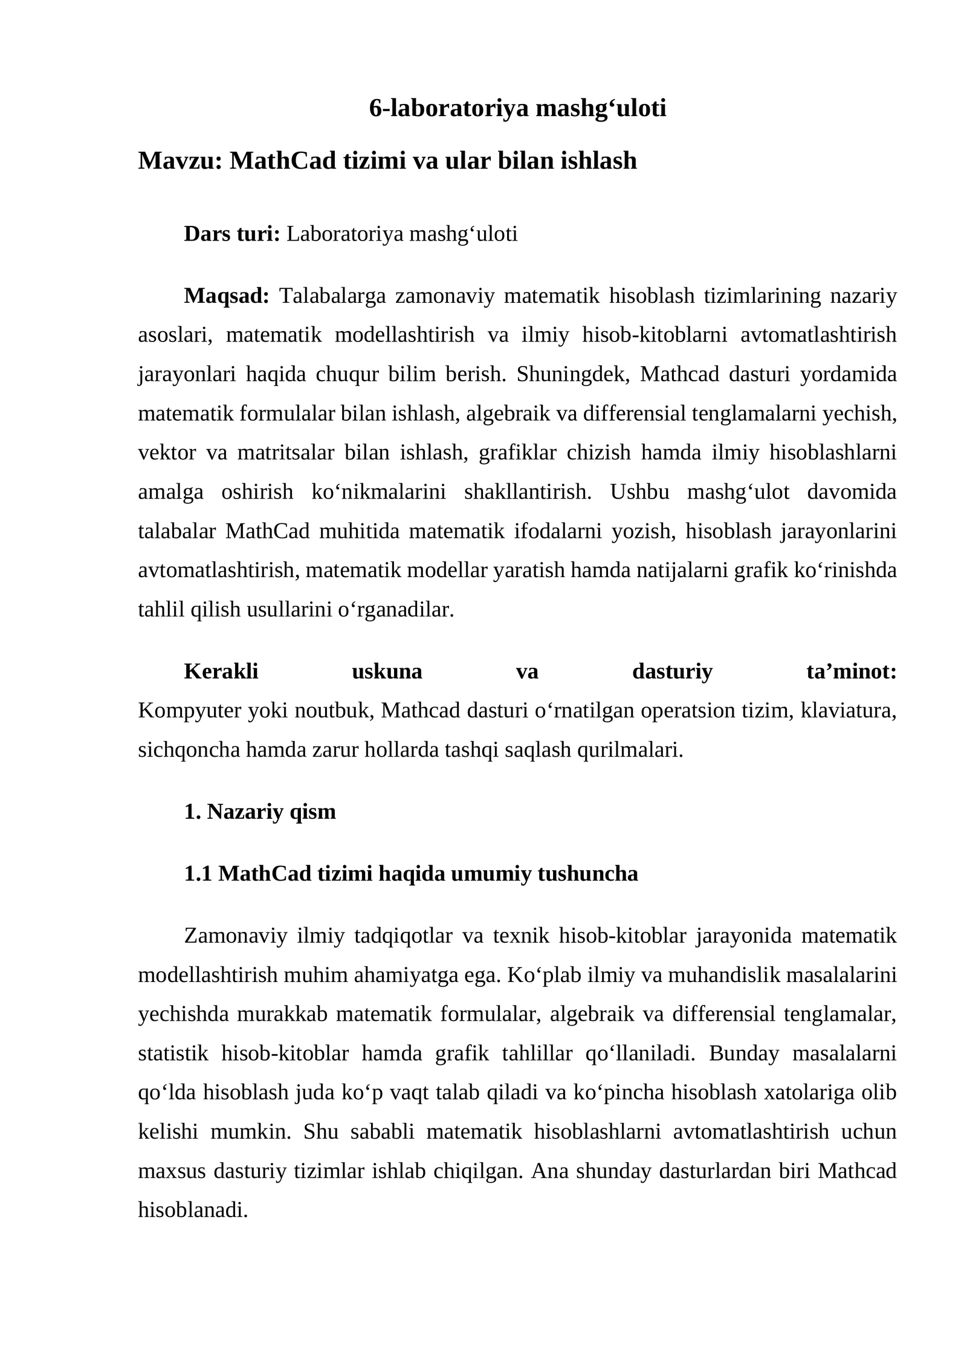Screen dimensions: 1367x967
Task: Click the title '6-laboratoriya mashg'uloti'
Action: pyautogui.click(x=517, y=108)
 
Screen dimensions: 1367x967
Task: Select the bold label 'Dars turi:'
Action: pyautogui.click(x=232, y=234)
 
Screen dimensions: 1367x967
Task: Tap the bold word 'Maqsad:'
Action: pyautogui.click(x=226, y=296)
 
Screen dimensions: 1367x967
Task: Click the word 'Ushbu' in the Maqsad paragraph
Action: pyautogui.click(x=640, y=492)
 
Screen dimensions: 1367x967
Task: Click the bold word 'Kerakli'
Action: pyautogui.click(x=221, y=671)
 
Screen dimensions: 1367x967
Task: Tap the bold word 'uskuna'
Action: pyautogui.click(x=387, y=671)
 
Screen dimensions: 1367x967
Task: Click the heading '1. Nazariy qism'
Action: pyautogui.click(x=260, y=812)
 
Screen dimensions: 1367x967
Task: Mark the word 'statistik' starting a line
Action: pyautogui.click(x=173, y=1053)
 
